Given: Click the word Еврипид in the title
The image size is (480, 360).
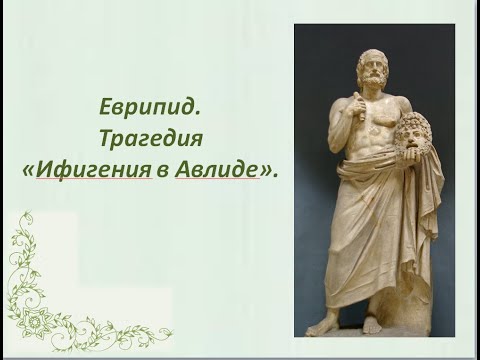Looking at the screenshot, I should point(147,103).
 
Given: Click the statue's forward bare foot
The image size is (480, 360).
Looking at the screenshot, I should point(323,326).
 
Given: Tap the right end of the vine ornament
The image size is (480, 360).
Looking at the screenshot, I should point(171,335).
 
